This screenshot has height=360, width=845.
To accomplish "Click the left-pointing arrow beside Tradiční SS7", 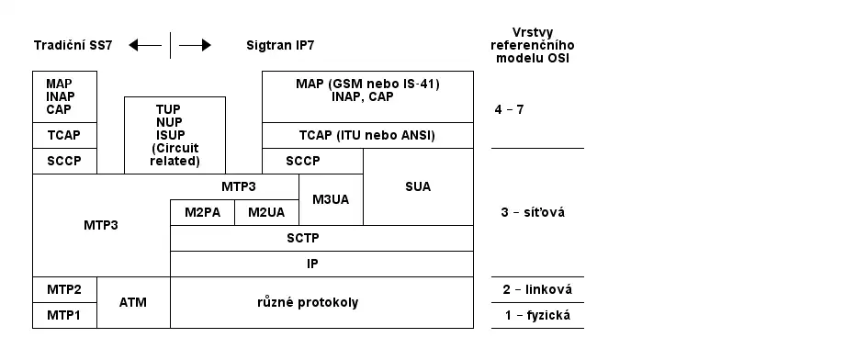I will coord(145,45).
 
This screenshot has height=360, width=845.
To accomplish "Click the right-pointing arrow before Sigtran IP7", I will coord(195,45).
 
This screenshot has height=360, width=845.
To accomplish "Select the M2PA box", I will coord(202,212).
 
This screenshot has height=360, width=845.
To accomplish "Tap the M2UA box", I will coord(266,212).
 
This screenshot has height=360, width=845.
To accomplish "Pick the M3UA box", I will coord(331,199).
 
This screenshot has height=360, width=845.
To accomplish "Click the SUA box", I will coord(418,186).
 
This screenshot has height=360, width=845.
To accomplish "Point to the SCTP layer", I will coord(321,238).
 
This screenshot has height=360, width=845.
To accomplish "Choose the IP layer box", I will coord(321,264).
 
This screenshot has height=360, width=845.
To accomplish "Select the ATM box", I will coord(133,302).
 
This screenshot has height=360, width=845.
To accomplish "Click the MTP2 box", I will coord(64,289).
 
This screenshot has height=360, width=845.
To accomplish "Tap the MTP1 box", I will coord(64,315).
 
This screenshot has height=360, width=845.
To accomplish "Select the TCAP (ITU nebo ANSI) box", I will coord(367,135).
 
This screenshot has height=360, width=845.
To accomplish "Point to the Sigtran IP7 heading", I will coord(287,45).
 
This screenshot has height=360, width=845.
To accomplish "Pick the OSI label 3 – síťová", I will coord(533,212).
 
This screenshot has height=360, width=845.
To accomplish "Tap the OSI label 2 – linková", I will coord(537,289).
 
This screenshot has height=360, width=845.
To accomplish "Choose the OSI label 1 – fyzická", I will coord(537,315).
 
